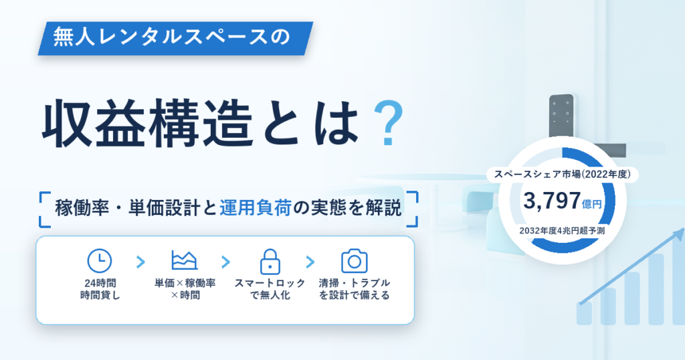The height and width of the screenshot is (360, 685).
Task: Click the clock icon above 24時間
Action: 100,261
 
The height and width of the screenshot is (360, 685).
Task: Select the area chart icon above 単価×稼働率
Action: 185,260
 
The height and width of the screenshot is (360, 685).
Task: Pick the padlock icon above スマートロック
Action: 270,262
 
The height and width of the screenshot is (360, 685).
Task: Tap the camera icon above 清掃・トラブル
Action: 355,261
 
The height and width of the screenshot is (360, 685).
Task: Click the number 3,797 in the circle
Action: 552,201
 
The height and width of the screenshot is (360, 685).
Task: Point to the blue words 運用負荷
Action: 256,207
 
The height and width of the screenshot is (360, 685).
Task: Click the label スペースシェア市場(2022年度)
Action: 562,175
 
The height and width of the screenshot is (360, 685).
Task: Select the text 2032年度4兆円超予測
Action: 562,231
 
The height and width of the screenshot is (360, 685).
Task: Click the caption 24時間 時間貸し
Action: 100,289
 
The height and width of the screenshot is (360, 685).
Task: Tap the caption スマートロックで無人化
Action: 270,289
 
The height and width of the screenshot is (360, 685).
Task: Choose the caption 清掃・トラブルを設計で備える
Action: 355,289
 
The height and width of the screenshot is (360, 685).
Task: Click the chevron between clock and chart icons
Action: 140,262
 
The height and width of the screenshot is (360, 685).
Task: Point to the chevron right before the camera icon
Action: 310,262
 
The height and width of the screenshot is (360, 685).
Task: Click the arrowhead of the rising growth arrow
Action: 679,235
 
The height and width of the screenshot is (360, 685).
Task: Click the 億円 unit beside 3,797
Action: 592,204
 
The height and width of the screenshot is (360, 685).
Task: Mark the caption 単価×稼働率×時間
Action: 185,289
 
